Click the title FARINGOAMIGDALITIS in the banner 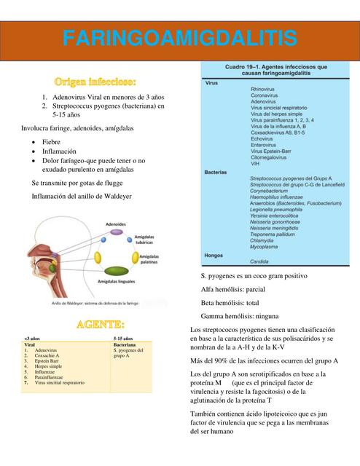[179, 39]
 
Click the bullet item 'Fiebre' [51, 140]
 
